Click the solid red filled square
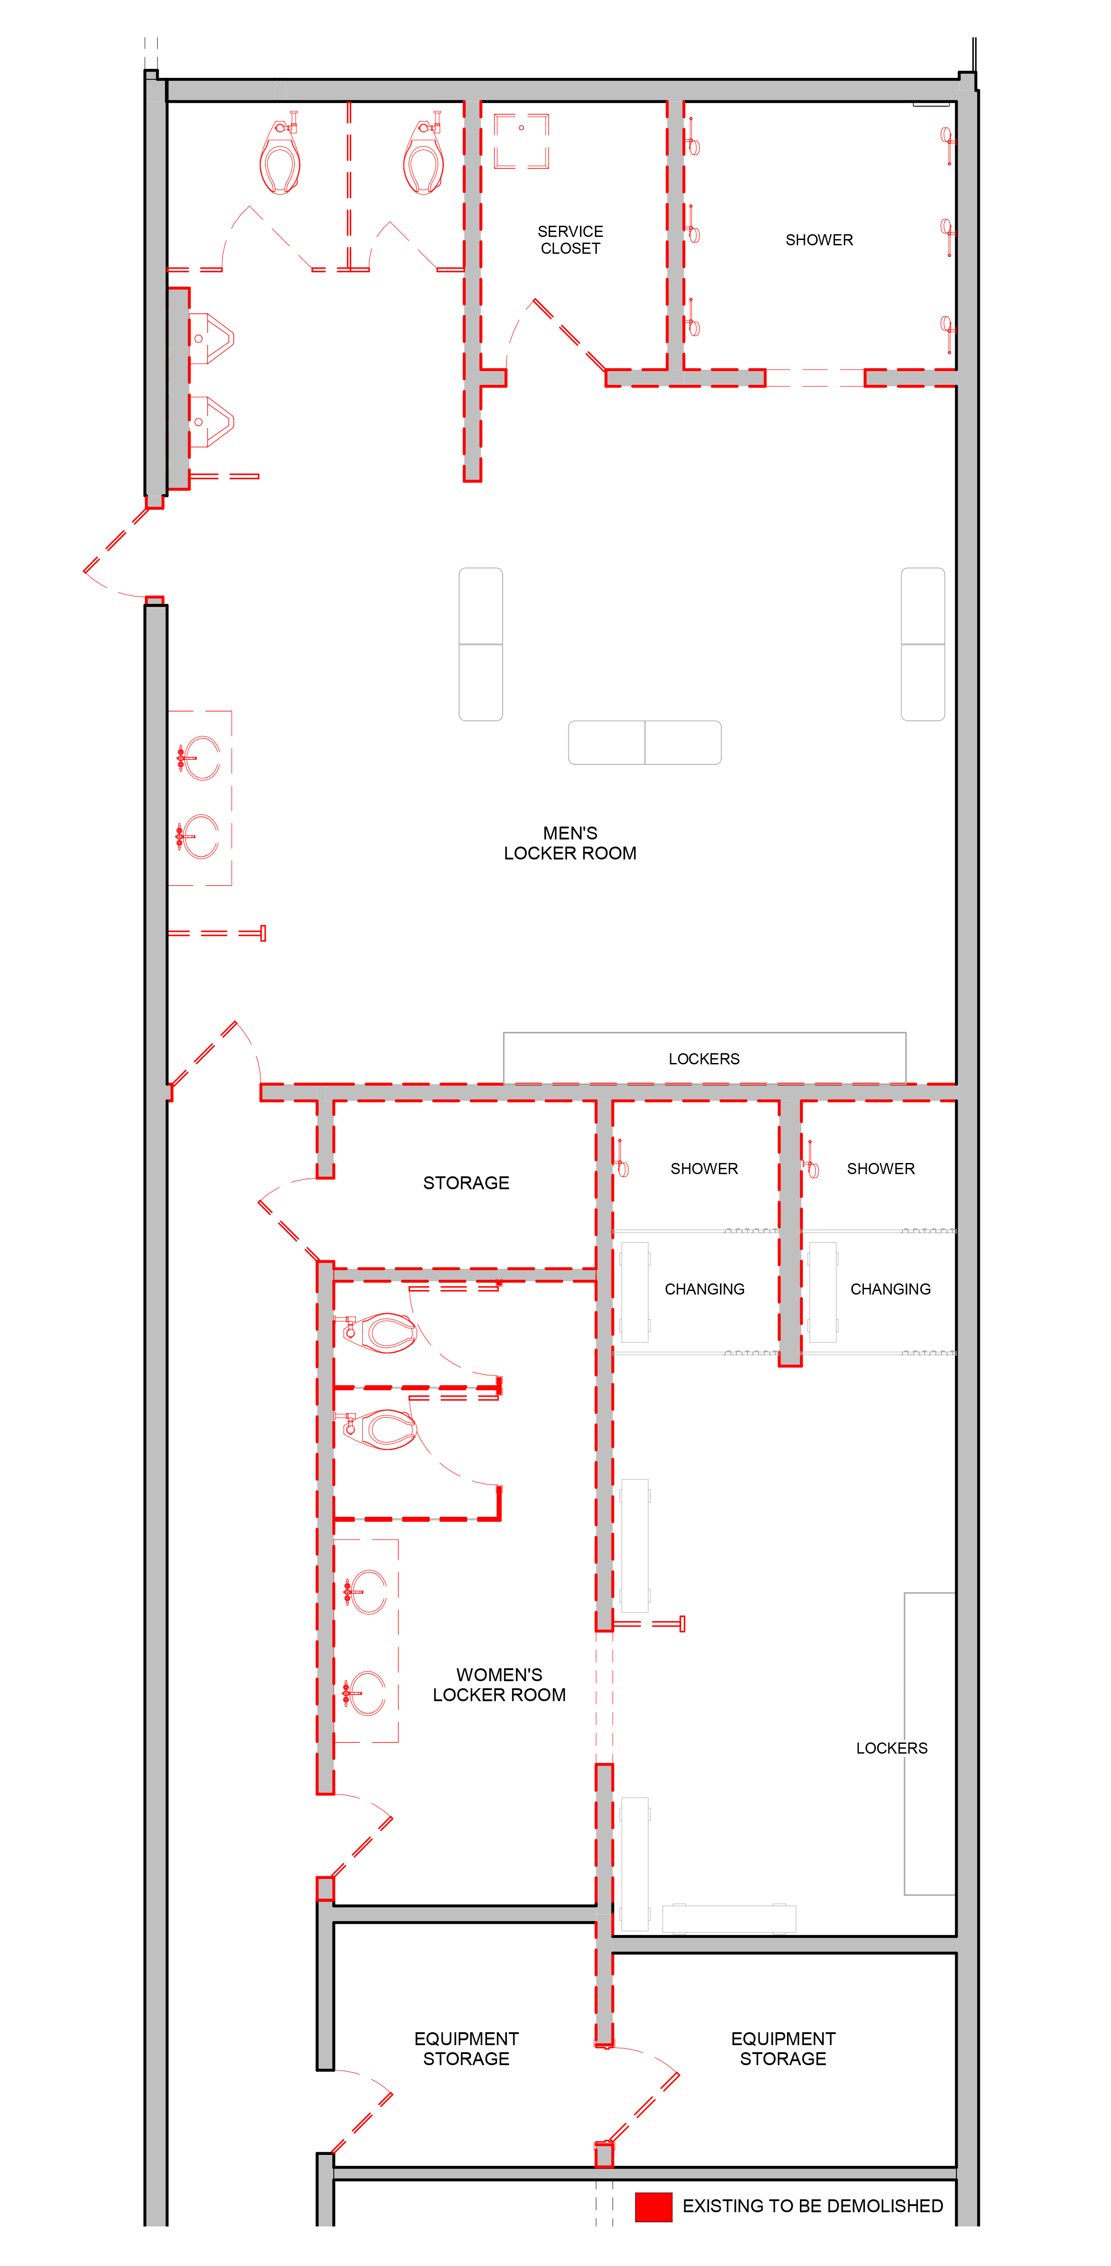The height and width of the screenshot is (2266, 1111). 654,2206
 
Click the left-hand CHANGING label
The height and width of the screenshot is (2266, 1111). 704,1289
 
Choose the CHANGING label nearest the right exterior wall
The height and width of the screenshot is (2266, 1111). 889,1289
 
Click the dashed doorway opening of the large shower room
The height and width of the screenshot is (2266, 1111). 815,378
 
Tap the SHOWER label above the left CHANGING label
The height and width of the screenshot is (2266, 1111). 704,1168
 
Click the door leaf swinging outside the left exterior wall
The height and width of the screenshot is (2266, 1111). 116,541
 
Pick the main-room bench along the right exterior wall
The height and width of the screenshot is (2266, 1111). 923,644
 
